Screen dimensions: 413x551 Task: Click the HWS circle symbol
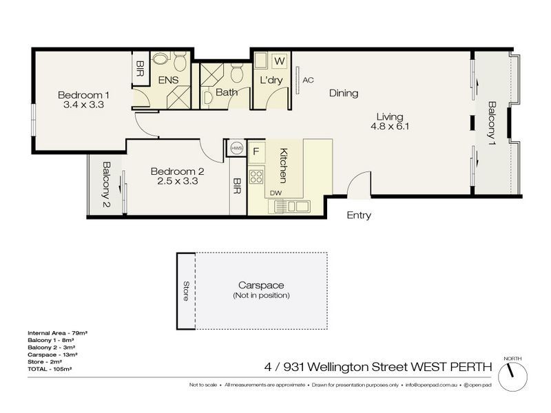236,149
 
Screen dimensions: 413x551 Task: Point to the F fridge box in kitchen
256,151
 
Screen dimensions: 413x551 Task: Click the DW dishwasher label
275,193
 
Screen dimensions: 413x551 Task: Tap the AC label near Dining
308,80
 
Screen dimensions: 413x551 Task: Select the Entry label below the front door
358,215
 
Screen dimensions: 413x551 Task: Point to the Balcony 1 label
492,123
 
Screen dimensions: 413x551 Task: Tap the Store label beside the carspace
185,290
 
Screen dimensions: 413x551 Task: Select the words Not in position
261,295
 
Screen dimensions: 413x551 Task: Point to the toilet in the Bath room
236,71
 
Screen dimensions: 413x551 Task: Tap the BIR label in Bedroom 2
237,186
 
